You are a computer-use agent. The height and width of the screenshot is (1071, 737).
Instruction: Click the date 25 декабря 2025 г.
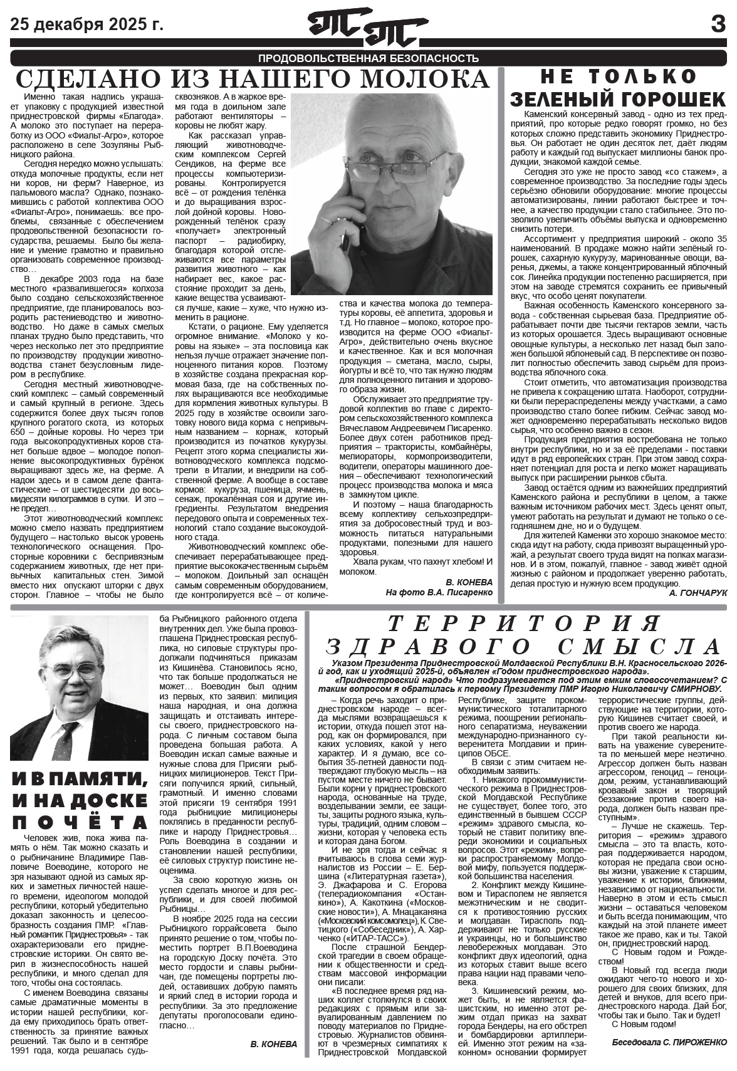click(x=86, y=24)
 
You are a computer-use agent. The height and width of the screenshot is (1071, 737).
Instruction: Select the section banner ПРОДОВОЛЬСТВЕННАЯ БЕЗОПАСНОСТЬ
click(x=368, y=58)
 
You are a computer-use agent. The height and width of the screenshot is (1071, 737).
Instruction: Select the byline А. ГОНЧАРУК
click(x=698, y=593)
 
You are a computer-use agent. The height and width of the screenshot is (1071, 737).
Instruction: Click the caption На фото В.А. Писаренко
click(x=439, y=592)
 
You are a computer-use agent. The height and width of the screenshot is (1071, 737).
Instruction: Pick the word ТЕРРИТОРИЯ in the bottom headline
click(x=523, y=624)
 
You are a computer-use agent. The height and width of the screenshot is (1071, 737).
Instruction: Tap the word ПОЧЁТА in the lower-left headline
click(x=80, y=822)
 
